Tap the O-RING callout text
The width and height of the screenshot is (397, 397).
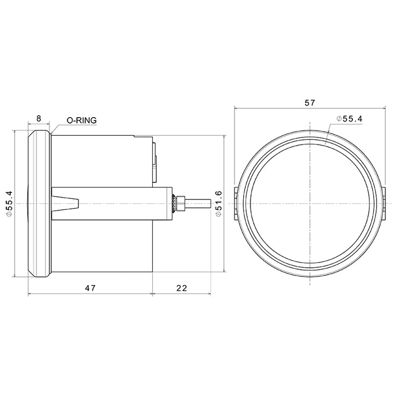82,120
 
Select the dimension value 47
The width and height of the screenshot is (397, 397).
90,288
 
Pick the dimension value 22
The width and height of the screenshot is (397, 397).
182,288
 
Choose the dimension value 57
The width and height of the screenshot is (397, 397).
310,103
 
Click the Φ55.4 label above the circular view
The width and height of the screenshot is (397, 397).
349,119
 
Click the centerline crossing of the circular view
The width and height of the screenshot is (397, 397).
310,203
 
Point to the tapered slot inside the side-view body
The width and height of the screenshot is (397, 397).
67,203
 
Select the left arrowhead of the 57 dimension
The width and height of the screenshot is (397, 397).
236,108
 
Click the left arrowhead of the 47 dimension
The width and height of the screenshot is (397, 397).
30,294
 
